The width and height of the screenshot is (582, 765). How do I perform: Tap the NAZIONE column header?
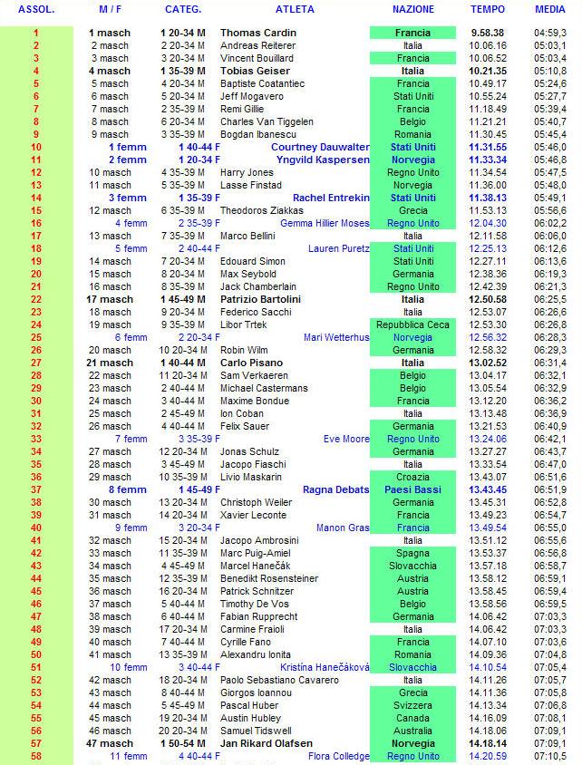412,9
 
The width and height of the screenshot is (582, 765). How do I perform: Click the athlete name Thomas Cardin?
258,33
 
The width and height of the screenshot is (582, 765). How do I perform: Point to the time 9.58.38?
488,33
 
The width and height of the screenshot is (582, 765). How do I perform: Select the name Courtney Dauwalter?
320,147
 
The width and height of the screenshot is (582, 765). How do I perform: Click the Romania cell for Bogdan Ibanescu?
412,134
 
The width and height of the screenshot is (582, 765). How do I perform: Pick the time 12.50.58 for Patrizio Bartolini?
488,299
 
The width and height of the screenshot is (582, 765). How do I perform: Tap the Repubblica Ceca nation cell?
412,324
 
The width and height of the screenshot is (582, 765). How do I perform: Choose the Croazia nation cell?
412,477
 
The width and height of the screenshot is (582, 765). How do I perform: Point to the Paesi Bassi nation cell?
412,489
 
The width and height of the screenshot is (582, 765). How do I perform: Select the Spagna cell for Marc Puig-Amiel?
412,553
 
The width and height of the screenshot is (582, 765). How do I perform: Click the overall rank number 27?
36,363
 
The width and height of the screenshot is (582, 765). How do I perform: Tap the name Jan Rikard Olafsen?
267,743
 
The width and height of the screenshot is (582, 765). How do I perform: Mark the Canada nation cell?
412,718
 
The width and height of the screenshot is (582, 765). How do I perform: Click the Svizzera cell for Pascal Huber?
412,705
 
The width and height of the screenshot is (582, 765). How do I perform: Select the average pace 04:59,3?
551,33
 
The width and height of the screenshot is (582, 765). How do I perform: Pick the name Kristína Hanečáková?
325,667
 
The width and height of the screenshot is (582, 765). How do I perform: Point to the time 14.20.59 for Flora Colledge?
488,756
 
